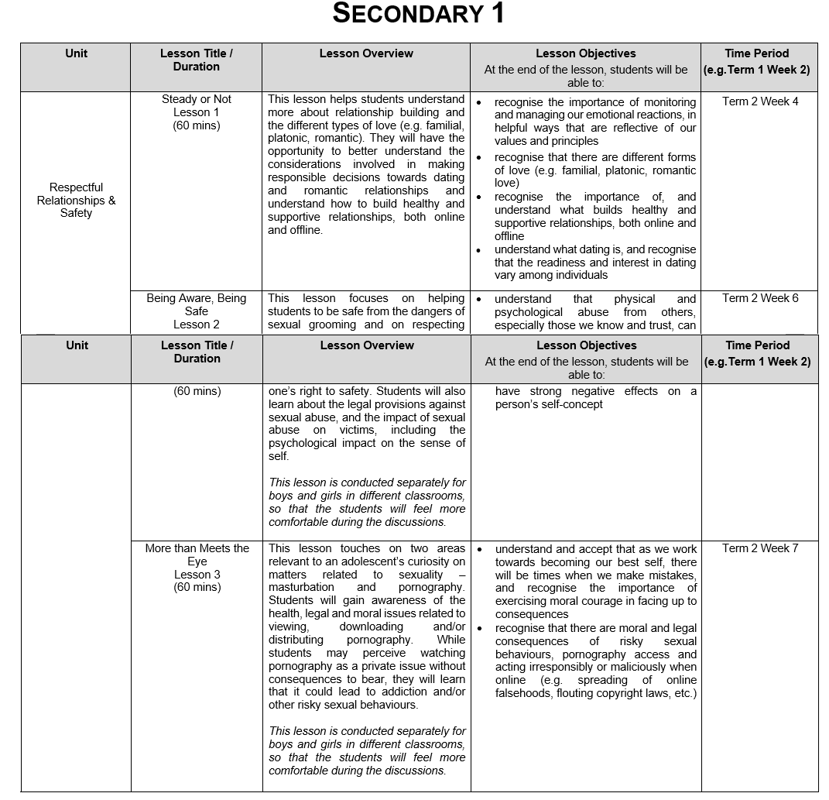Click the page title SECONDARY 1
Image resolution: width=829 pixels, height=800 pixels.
pyautogui.click(x=418, y=14)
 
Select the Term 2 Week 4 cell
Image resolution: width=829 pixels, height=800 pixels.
pyautogui.click(x=760, y=101)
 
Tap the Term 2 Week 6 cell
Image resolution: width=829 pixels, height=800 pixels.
pyautogui.click(x=760, y=299)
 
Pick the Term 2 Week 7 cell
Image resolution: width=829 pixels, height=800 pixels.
pyautogui.click(x=760, y=548)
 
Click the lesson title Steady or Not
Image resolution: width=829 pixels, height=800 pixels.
pyautogui.click(x=197, y=99)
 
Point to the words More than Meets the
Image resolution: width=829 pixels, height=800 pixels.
pyautogui.click(x=197, y=548)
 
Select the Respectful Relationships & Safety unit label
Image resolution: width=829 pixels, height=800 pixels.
pyautogui.click(x=76, y=200)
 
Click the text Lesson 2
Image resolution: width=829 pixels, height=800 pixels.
pyautogui.click(x=197, y=324)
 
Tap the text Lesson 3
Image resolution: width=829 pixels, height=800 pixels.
pyautogui.click(x=197, y=574)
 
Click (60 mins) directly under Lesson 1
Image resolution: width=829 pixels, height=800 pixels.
pyautogui.click(x=197, y=125)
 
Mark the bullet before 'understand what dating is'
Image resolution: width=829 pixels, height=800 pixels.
pyautogui.click(x=480, y=250)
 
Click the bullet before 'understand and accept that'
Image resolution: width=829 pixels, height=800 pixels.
pyautogui.click(x=480, y=549)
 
